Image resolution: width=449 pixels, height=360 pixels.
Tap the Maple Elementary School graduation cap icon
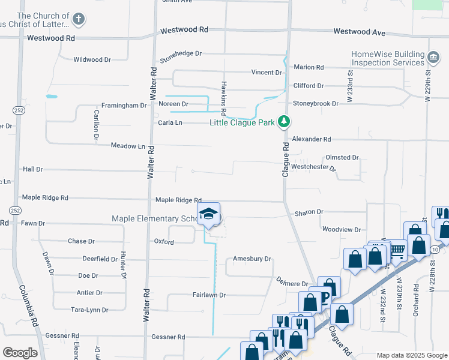point(209,215)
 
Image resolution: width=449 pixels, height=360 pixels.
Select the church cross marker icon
point(78,19)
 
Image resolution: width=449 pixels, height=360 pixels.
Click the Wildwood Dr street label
point(92,59)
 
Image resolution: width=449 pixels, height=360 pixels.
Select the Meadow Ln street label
point(128,146)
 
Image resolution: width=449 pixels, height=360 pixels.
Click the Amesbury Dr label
point(252,259)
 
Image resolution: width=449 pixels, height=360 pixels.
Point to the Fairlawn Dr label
point(209,295)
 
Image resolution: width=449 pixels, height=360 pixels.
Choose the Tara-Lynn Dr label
point(89,310)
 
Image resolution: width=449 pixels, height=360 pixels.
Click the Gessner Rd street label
point(161,337)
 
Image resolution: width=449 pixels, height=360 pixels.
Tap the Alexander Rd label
point(312,139)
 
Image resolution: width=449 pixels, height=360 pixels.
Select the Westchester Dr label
point(313,167)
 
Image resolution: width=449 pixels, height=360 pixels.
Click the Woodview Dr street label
point(341,230)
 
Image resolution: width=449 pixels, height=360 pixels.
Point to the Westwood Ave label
point(359,31)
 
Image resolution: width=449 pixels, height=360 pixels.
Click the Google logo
point(20,353)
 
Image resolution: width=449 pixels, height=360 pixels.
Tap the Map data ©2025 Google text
point(411,355)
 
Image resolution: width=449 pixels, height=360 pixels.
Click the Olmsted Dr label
point(342,157)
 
